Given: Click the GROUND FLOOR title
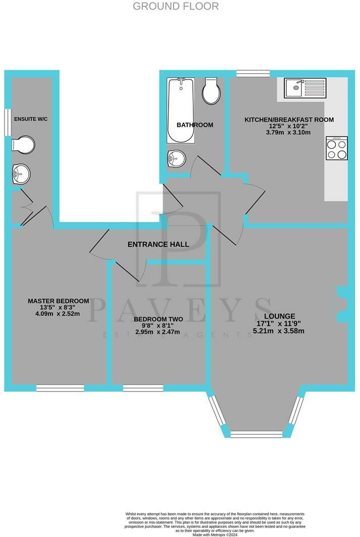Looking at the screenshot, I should (x=176, y=7).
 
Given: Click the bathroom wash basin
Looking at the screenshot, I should (x=176, y=158).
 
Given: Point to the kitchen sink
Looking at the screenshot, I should (x=300, y=87).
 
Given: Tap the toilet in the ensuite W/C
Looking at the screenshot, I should (x=24, y=145).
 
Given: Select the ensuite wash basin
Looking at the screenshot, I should (x=21, y=175).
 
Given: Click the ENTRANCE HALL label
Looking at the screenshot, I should (x=158, y=244).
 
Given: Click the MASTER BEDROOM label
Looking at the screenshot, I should (x=58, y=301).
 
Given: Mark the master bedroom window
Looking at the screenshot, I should (x=60, y=388).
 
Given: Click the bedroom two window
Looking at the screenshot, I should (x=143, y=388).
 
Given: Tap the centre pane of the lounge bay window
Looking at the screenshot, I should (x=256, y=434).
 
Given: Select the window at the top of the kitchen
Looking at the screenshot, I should (x=252, y=74).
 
